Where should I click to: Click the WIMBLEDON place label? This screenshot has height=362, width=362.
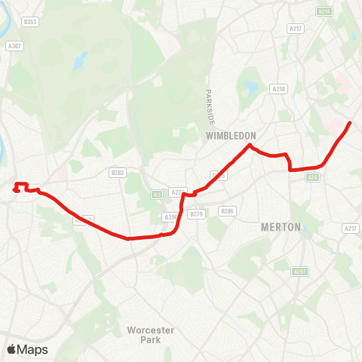[x=231, y=136]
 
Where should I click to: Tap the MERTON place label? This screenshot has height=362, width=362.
[x=280, y=226]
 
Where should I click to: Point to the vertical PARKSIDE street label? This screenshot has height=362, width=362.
[x=212, y=106]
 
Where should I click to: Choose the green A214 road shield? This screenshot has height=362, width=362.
[x=324, y=12]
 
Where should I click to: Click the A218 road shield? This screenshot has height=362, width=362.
[x=279, y=89]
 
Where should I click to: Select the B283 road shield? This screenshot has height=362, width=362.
[x=117, y=172]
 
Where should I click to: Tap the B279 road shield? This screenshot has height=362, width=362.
[x=197, y=214]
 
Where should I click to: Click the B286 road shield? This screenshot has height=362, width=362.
[x=229, y=210]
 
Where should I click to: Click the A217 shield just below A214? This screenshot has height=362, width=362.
[x=296, y=29]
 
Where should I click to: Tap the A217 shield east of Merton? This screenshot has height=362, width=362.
[x=350, y=229]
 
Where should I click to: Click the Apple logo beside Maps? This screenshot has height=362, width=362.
[x=11, y=349]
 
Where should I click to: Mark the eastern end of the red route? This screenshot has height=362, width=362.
[x=349, y=123]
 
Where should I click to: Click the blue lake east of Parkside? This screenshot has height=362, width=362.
[x=250, y=91]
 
